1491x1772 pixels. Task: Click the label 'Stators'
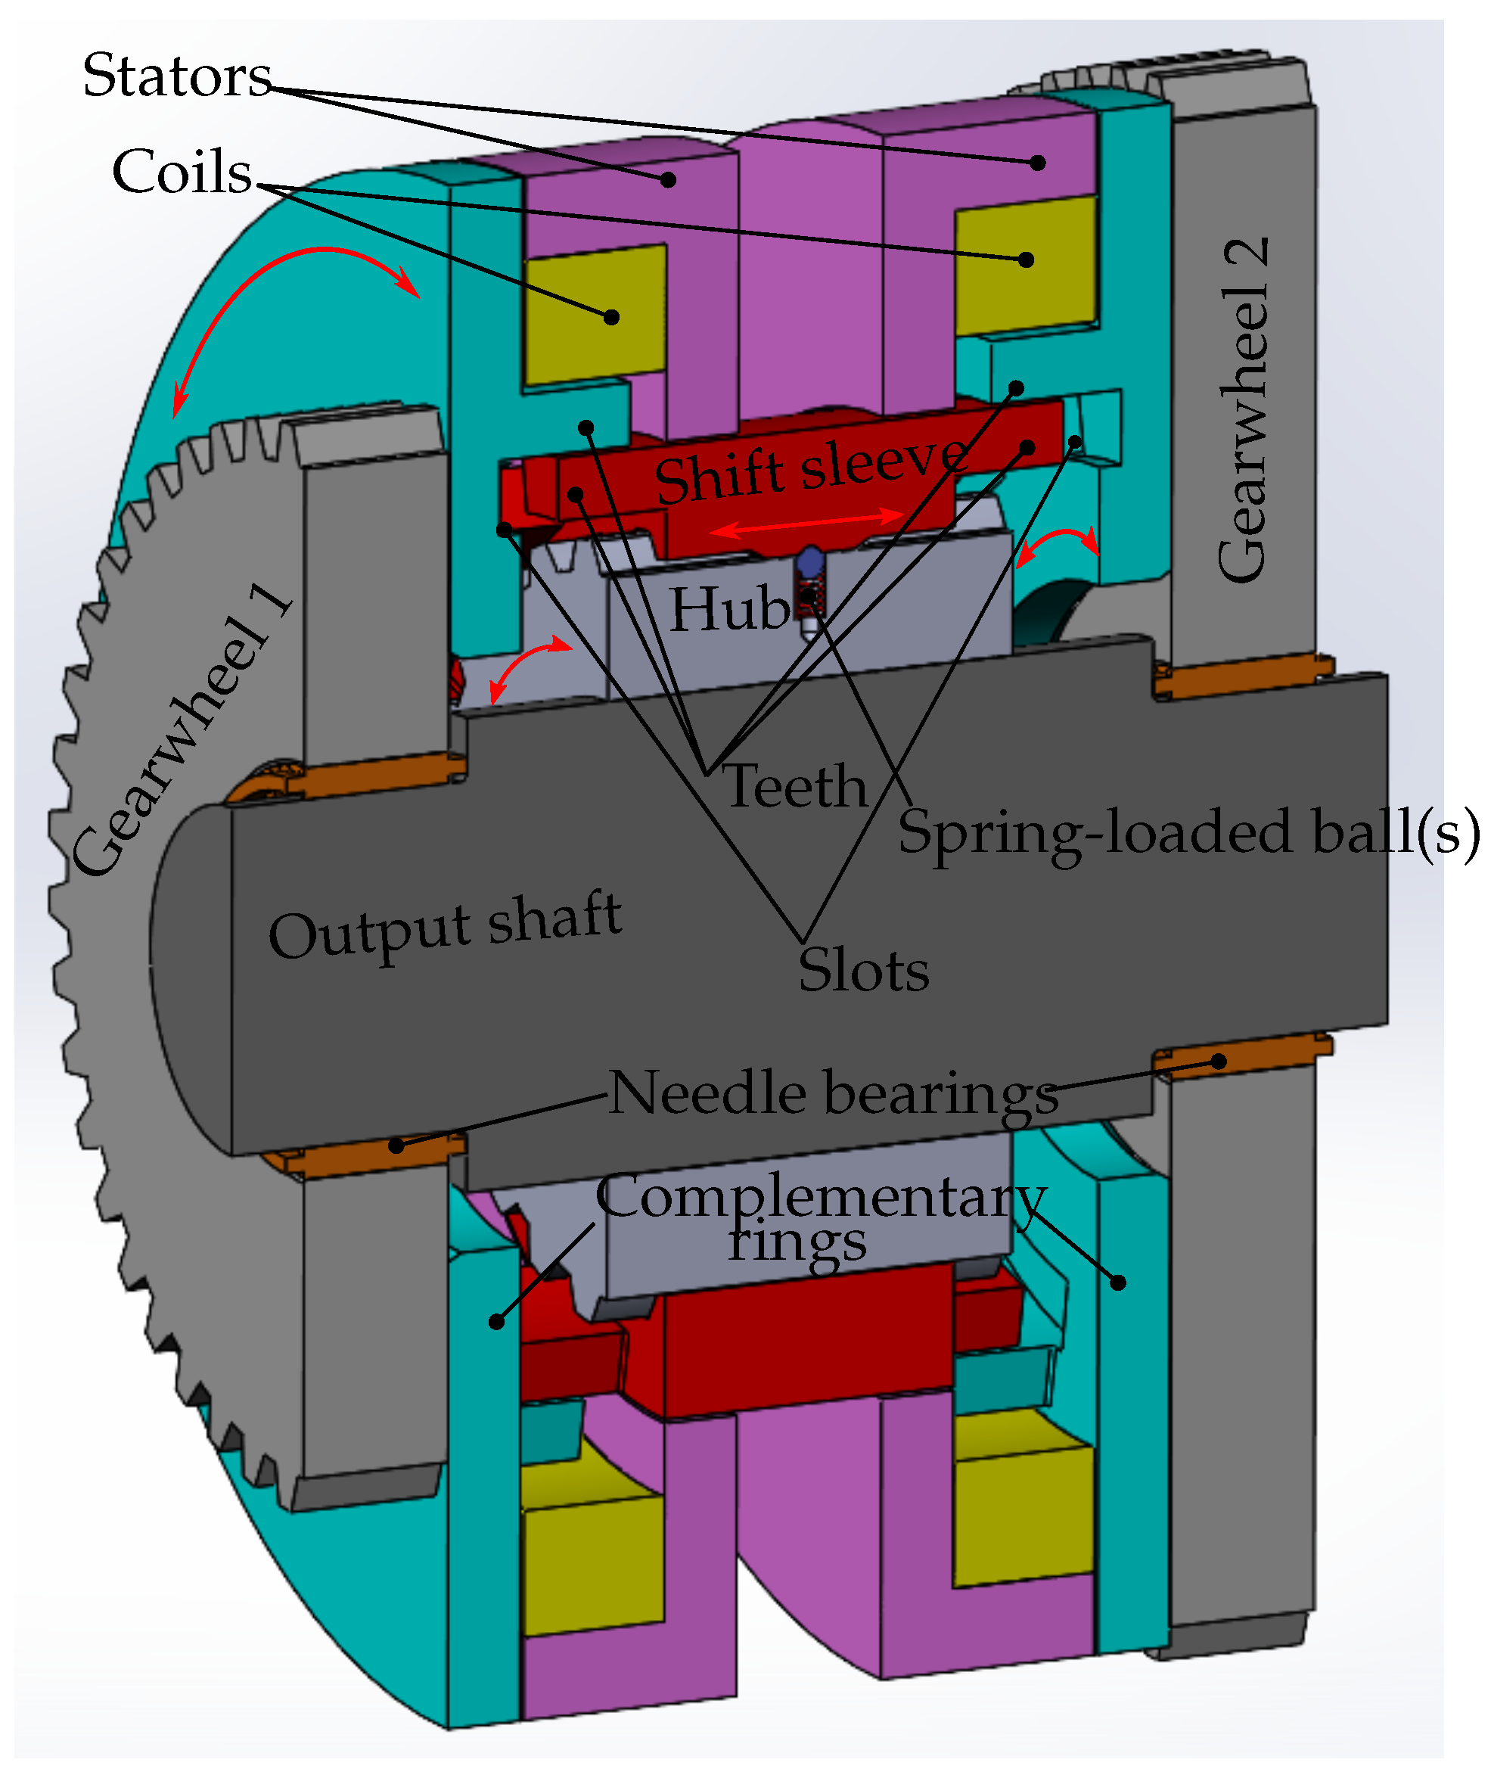(177, 76)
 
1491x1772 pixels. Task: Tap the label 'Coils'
(182, 172)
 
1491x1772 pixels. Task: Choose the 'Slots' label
(863, 970)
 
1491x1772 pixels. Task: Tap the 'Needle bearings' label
(834, 1093)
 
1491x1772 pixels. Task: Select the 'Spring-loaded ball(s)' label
(1188, 833)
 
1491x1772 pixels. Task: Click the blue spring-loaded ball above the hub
(811, 559)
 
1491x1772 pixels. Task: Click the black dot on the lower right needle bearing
(1218, 1061)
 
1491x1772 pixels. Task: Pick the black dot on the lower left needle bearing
(396, 1146)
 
